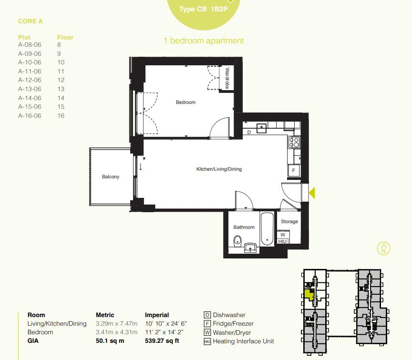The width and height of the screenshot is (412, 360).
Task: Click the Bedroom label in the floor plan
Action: tap(185, 103)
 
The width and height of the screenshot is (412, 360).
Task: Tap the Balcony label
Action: tap(111, 177)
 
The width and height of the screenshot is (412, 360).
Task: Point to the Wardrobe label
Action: tap(227, 78)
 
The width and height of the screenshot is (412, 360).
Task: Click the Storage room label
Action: tap(289, 222)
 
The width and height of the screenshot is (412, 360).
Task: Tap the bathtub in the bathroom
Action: tap(268, 229)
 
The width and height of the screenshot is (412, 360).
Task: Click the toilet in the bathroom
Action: tap(238, 242)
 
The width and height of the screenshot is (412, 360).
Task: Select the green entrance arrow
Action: tap(312, 193)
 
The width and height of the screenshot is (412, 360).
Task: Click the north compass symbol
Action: tap(383, 248)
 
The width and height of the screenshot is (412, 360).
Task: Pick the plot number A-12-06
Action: tap(30, 80)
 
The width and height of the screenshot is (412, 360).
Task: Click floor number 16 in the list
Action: tap(61, 116)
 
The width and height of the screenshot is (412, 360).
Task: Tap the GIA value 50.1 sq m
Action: tap(110, 341)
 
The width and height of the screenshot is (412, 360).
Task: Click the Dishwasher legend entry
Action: tap(229, 315)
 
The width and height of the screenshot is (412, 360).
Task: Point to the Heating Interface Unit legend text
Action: tap(243, 341)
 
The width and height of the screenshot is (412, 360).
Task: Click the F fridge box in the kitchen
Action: tap(294, 170)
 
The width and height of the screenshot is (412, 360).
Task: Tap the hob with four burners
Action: tap(294, 142)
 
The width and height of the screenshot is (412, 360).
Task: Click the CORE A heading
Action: tap(31, 21)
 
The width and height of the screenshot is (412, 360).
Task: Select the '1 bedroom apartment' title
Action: tap(204, 41)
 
